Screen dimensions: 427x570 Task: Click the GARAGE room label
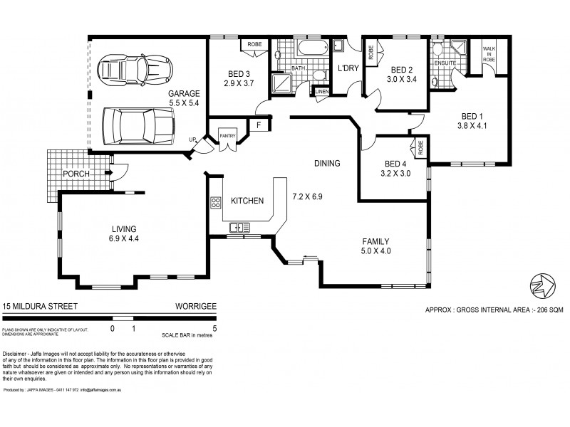184,93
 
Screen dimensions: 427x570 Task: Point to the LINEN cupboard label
321,92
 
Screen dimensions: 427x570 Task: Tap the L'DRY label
347,68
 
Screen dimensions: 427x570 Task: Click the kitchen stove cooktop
215,202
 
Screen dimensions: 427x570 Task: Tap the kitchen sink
239,228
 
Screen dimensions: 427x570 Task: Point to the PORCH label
76,173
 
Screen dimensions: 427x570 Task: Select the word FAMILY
375,241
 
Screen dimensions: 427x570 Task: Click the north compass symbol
542,285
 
